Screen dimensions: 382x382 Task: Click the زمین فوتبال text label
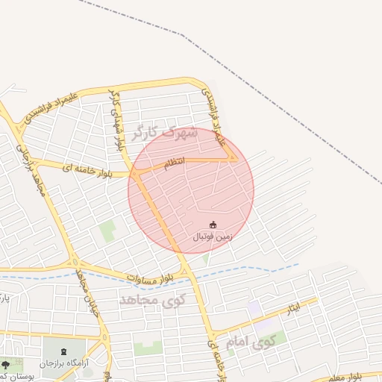(x=213, y=237)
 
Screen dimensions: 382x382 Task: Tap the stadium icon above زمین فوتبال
(x=213, y=225)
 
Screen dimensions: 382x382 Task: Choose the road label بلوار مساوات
(x=148, y=277)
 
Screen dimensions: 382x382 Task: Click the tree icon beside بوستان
(x=7, y=365)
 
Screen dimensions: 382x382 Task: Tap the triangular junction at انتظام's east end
(x=232, y=157)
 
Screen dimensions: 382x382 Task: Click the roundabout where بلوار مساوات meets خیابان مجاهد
(x=75, y=262)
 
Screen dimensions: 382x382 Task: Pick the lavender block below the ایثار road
(x=255, y=307)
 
